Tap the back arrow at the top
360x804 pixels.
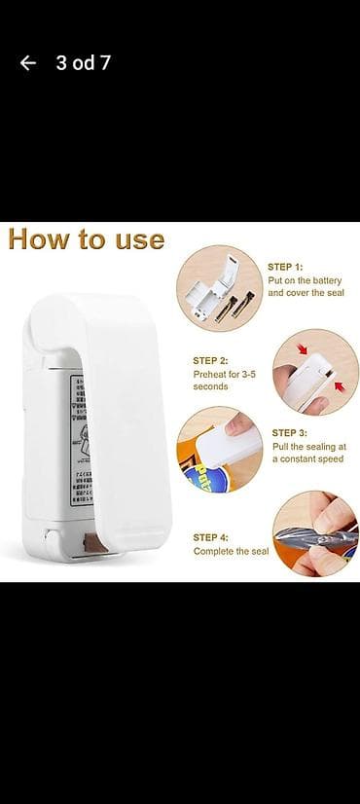tap(28, 63)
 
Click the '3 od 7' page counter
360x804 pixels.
tap(83, 63)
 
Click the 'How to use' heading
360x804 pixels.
tap(86, 239)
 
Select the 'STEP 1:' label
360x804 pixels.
tap(286, 266)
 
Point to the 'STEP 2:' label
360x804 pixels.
tap(211, 360)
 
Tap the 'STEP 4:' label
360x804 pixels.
tap(211, 537)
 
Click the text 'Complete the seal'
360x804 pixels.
tap(231, 552)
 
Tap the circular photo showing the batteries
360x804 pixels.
tap(220, 289)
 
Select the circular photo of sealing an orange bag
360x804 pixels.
tap(220, 449)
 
